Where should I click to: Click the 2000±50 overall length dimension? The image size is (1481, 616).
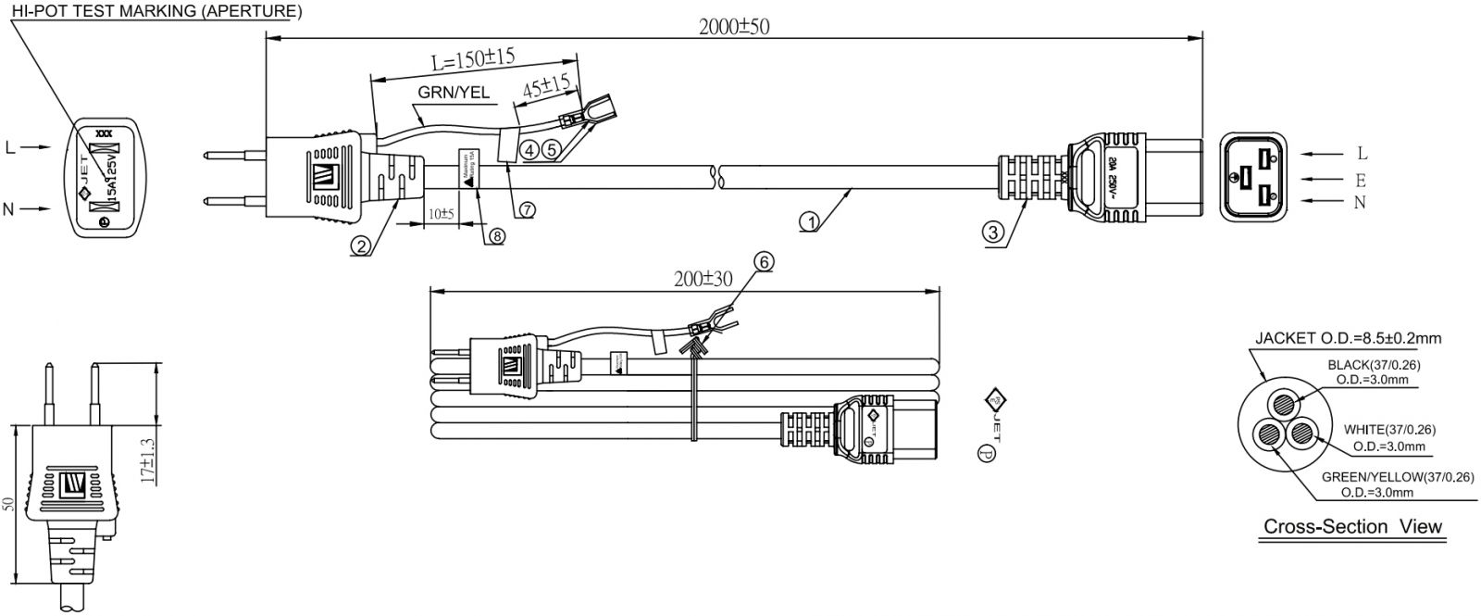pyautogui.click(x=733, y=26)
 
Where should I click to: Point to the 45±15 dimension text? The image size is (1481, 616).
pyautogui.click(x=546, y=89)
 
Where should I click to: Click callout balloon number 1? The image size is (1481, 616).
pyautogui.click(x=810, y=222)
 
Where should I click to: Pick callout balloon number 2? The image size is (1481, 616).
pyautogui.click(x=361, y=245)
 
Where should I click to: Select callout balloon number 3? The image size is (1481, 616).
pyautogui.click(x=993, y=233)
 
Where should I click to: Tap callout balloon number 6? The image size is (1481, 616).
pyautogui.click(x=763, y=262)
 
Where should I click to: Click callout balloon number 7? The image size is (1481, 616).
pyautogui.click(x=527, y=209)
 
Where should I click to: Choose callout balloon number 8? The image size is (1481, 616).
pyautogui.click(x=496, y=236)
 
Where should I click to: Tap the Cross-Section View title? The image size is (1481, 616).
pyautogui.click(x=1353, y=527)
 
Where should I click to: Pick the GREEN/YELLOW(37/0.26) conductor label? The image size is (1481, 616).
pyautogui.click(x=1397, y=477)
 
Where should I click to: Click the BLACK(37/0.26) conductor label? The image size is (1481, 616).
pyautogui.click(x=1375, y=364)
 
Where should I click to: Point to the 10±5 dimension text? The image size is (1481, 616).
pyautogui.click(x=441, y=214)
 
